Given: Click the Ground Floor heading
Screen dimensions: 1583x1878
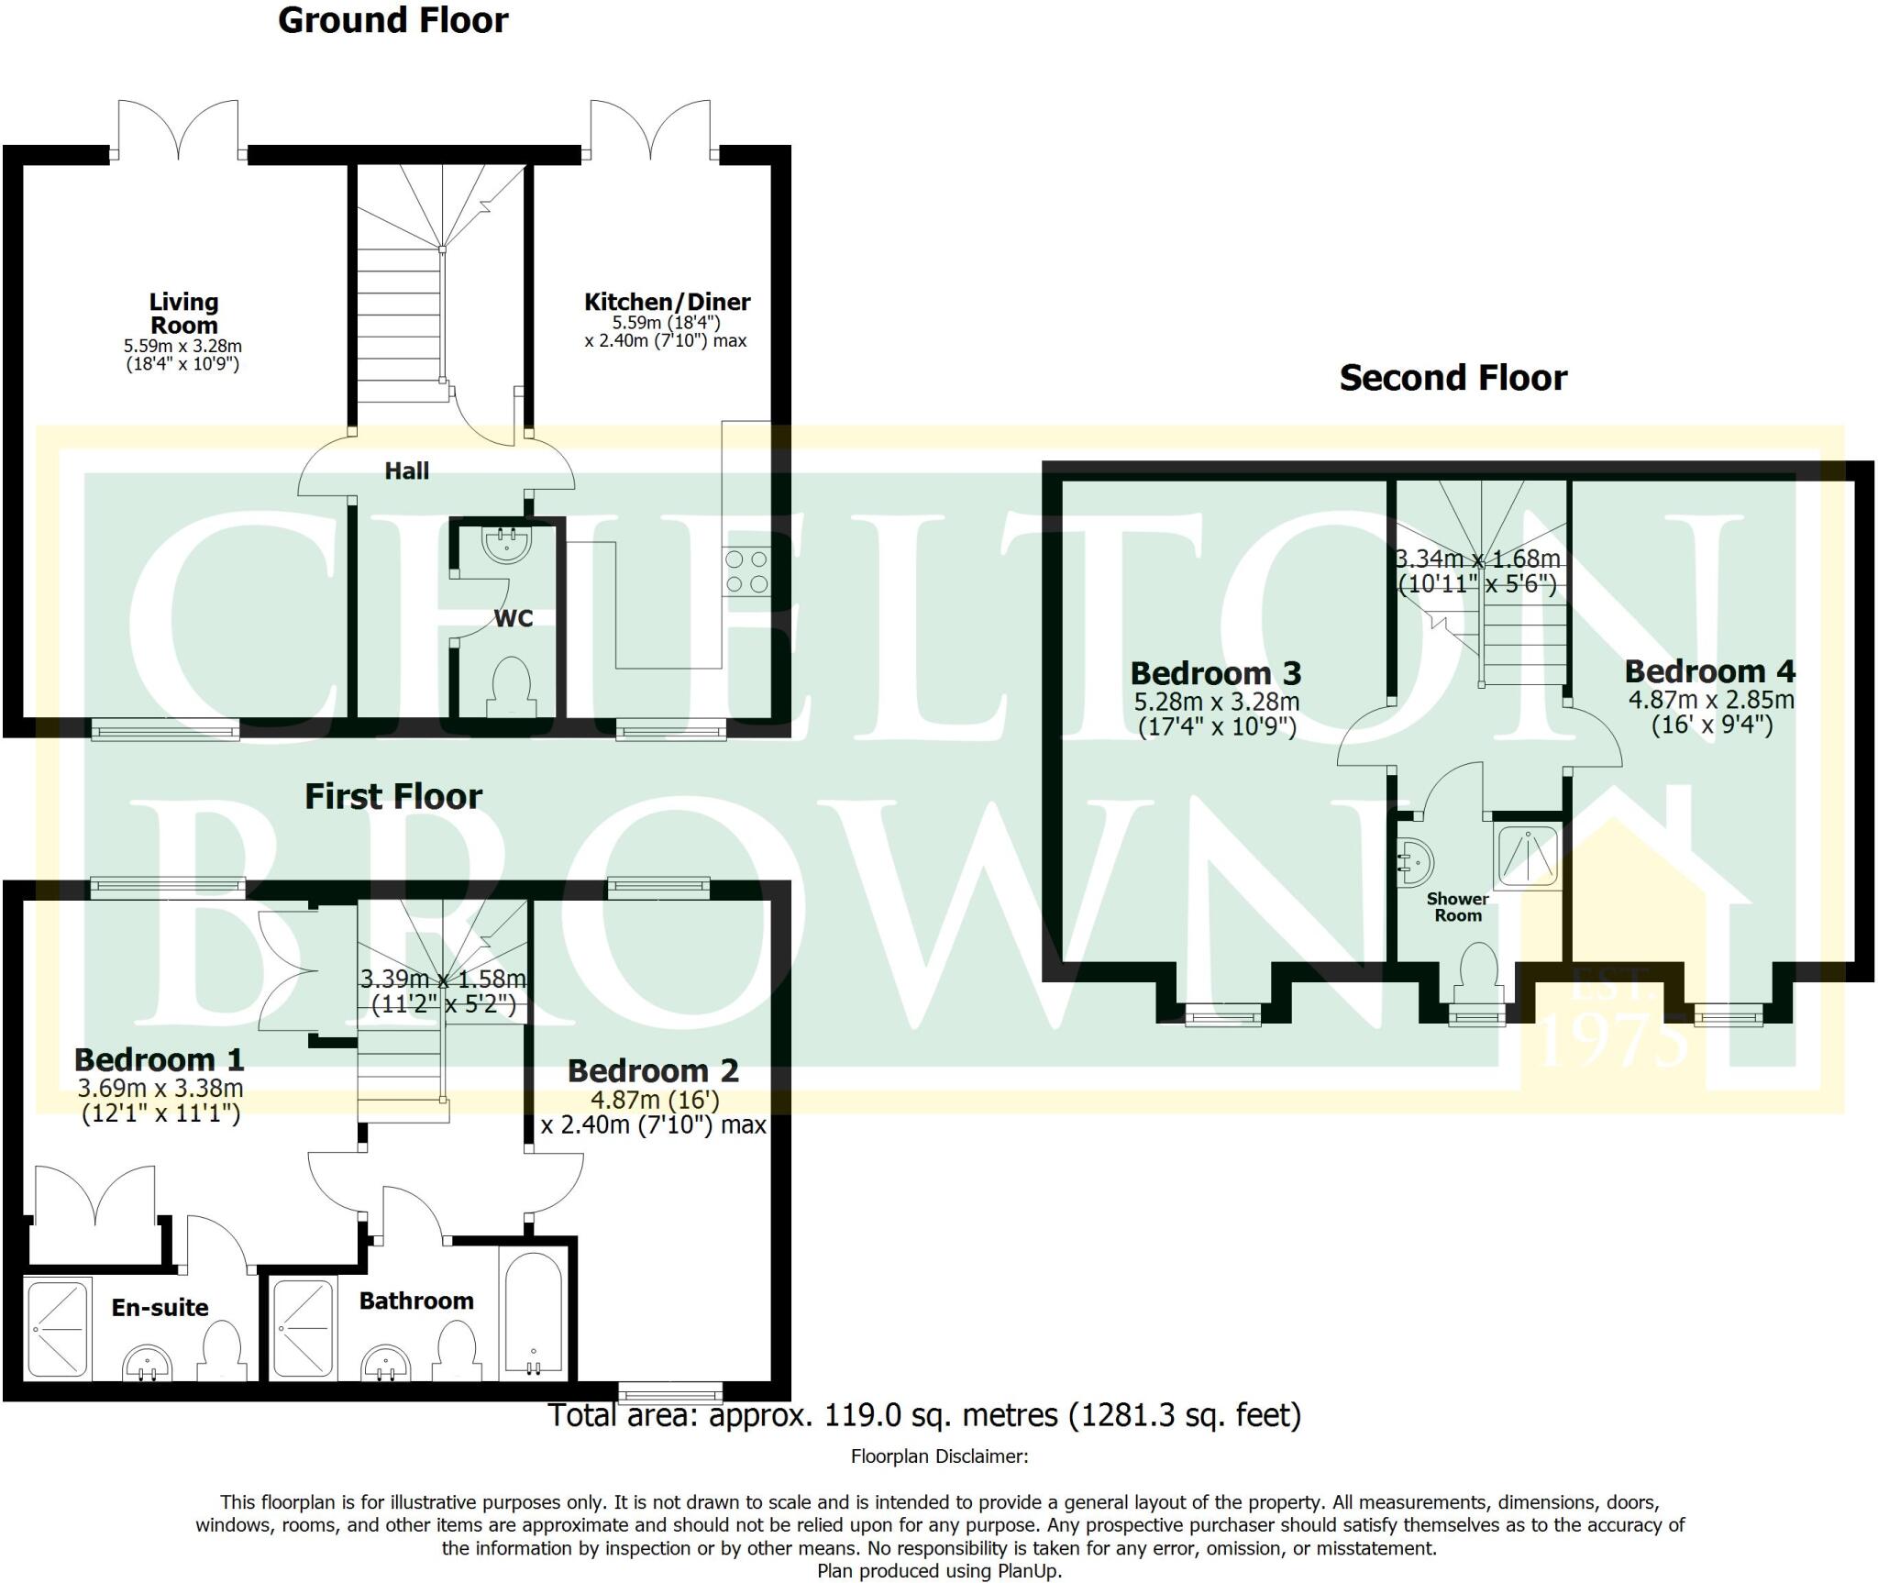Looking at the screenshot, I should click(x=392, y=20).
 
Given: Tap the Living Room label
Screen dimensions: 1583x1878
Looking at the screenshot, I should click(x=183, y=313).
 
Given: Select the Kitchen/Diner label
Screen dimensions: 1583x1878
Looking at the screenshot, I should click(x=667, y=302).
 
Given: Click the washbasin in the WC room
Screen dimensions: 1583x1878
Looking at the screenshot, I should click(x=505, y=542).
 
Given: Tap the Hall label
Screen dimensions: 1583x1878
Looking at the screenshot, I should click(x=406, y=470).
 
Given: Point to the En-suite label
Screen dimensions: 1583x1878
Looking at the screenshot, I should click(x=160, y=1307).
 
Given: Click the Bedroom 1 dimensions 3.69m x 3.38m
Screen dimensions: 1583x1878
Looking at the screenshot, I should click(x=160, y=1089).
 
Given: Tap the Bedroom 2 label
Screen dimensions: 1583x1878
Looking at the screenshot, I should click(x=653, y=1070).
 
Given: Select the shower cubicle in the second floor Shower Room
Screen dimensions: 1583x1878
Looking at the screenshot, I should click(x=1526, y=856).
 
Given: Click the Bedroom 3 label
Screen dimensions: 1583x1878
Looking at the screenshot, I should click(x=1215, y=673).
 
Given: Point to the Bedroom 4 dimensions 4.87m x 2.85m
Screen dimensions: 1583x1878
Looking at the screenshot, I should click(x=1710, y=700).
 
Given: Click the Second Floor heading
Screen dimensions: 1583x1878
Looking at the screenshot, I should click(x=1453, y=378).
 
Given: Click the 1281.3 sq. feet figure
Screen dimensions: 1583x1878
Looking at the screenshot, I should click(x=1185, y=1415).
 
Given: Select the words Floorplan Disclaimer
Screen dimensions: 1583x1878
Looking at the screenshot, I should click(x=939, y=1456).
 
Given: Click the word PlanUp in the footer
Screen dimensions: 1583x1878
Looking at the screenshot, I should click(x=1029, y=1571).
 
